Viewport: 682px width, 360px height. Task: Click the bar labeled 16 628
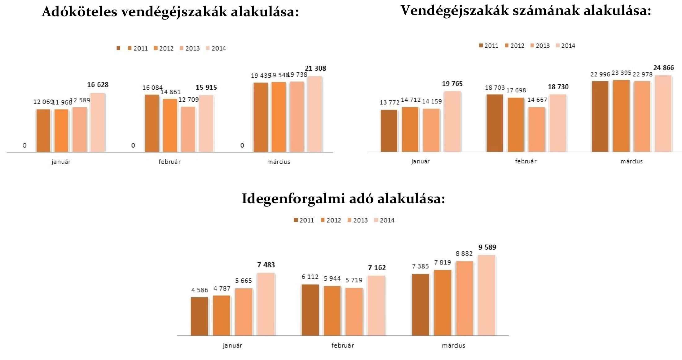[98, 122]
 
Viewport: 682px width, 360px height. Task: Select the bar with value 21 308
[315, 114]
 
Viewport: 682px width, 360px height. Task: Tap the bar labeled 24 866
[663, 113]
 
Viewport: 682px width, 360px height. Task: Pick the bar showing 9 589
[486, 295]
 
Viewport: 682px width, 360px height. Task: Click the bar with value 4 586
[200, 316]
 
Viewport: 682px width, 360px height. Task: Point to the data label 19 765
[452, 84]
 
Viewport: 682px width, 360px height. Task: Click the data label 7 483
[266, 265]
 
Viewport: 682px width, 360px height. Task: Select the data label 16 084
[152, 88]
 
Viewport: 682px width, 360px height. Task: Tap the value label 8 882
[464, 254]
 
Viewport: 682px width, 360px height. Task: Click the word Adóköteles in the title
[79, 12]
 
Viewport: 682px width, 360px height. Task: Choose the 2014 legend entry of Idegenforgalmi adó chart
[384, 220]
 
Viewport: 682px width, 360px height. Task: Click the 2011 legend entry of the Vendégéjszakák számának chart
[489, 46]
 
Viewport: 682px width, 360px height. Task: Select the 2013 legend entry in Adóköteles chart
[190, 48]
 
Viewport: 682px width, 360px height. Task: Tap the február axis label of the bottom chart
[342, 345]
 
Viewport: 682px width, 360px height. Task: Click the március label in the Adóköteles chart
[279, 162]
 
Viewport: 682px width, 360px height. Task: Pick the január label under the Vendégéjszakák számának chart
[420, 161]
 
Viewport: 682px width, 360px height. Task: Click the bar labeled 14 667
[537, 129]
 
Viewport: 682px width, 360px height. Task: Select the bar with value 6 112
[310, 310]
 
